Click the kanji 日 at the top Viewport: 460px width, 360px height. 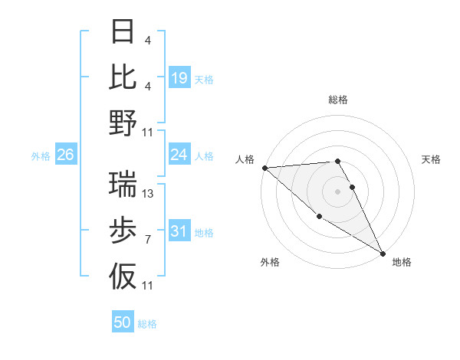123,32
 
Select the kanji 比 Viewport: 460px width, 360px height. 123,77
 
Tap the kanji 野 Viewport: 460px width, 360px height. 123,122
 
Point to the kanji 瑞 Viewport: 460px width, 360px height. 123,183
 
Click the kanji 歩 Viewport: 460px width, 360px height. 123,230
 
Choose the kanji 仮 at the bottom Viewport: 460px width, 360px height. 123,275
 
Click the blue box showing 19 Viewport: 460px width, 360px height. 179,78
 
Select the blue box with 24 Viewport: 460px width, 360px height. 179,155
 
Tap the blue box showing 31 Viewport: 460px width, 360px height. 179,232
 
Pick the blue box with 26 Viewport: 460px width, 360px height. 65,155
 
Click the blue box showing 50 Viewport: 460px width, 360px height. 123,322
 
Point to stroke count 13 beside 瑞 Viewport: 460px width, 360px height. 149,194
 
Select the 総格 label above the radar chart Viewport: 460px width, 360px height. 338,100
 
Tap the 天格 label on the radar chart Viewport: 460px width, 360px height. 432,159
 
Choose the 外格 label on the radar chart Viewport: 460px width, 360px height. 270,262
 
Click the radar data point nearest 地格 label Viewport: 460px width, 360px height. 383,253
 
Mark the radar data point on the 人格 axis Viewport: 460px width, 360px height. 264,168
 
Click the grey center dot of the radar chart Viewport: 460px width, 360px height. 338,191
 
